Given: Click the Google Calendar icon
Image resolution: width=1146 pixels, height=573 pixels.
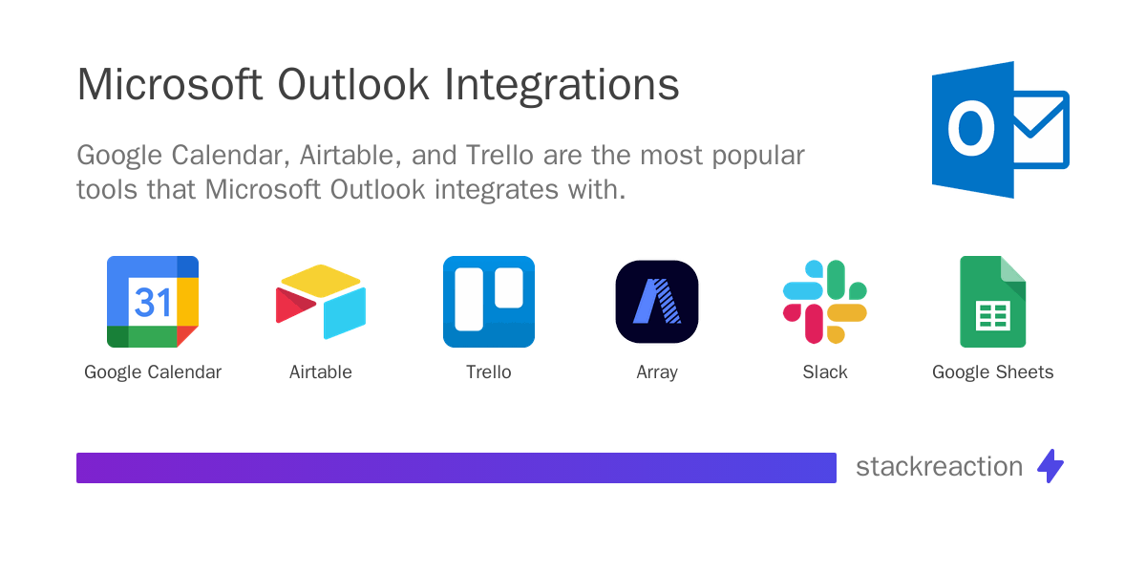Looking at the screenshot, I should pyautogui.click(x=153, y=302).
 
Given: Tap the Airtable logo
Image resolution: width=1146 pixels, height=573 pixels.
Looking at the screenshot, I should pyautogui.click(x=321, y=302).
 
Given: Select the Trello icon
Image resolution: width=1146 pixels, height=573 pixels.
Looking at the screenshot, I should pyautogui.click(x=489, y=302).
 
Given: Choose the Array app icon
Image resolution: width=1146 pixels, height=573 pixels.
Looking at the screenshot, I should pyautogui.click(x=657, y=302).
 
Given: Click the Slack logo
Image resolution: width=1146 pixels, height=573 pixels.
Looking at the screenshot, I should pyautogui.click(x=825, y=302).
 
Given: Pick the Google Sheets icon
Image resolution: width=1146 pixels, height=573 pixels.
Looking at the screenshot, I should pyautogui.click(x=993, y=302).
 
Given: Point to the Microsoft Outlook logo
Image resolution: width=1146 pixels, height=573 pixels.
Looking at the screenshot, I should pyautogui.click(x=1000, y=130).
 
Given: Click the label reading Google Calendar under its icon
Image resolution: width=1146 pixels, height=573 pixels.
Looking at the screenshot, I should pyautogui.click(x=153, y=372).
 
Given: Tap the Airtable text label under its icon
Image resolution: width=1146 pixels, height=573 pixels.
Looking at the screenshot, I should pyautogui.click(x=321, y=372).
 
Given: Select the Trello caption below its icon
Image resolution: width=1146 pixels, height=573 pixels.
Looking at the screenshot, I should pyautogui.click(x=489, y=372).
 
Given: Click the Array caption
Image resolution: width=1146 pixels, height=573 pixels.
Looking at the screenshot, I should pyautogui.click(x=657, y=372).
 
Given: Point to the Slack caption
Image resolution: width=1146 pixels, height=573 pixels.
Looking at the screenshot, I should pyautogui.click(x=825, y=372).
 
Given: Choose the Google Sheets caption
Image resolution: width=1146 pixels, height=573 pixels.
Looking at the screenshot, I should pyautogui.click(x=993, y=372).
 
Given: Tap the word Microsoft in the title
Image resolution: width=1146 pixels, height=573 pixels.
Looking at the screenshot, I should pyautogui.click(x=169, y=84).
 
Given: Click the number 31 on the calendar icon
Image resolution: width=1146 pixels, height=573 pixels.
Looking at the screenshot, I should pyautogui.click(x=153, y=302).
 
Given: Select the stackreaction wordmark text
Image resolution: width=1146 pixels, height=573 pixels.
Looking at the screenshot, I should pyautogui.click(x=939, y=467).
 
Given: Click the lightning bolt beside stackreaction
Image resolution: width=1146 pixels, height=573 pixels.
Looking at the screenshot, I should pyautogui.click(x=1050, y=466).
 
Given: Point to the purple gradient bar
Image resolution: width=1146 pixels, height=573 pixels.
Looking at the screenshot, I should pyautogui.click(x=456, y=468).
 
